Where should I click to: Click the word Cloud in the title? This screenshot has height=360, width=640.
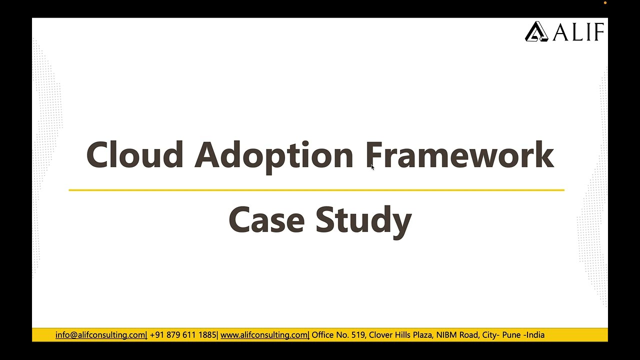[x=134, y=154]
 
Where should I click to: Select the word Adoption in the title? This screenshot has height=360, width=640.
[x=273, y=155]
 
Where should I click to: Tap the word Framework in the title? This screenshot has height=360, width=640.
[x=459, y=154]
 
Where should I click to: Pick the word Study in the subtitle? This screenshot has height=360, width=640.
[x=363, y=220]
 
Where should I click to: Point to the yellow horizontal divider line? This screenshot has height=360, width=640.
[x=316, y=190]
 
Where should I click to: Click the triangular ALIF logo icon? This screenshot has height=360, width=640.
[x=536, y=31]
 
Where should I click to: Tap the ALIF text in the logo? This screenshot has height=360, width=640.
[x=578, y=32]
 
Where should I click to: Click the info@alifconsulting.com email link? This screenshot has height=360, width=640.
[x=100, y=335]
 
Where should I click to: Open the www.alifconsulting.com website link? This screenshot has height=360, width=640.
[x=264, y=335]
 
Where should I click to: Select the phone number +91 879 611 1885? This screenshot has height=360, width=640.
[x=183, y=335]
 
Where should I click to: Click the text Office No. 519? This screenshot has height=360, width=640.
[x=338, y=335]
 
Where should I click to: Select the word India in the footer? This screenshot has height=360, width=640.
[x=535, y=335]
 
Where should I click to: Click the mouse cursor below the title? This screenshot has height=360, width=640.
[x=372, y=167]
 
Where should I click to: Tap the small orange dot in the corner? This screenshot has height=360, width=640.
[x=605, y=3]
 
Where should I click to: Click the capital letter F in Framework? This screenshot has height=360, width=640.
[x=374, y=154]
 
